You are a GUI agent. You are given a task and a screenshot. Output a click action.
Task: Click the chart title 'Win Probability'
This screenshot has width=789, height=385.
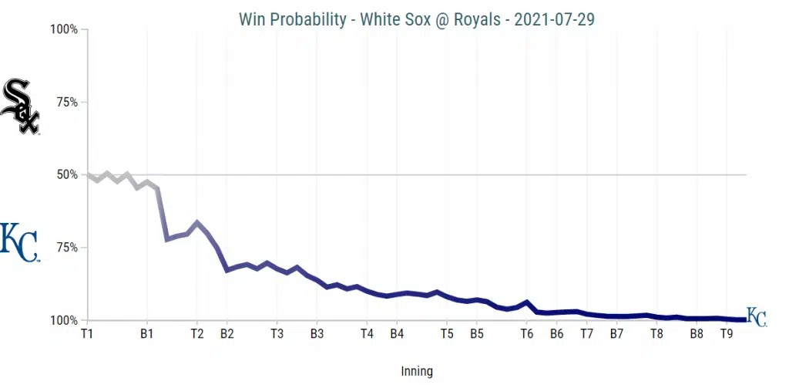click(x=292, y=19)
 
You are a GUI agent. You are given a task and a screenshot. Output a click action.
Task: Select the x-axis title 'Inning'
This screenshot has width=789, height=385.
click(x=417, y=371)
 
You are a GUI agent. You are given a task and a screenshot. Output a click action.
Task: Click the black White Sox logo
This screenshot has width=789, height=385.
click(x=20, y=107)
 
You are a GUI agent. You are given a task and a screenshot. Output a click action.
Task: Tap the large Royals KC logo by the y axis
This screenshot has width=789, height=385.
click(x=19, y=243)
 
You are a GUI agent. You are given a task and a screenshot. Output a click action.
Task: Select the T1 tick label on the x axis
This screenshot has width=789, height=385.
click(x=87, y=334)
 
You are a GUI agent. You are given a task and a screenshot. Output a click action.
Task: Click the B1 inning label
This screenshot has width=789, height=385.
click(x=146, y=334)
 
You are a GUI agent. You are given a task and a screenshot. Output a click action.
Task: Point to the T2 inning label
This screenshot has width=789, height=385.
click(x=196, y=334)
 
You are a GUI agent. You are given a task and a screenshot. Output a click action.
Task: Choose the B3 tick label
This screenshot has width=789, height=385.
click(x=317, y=334)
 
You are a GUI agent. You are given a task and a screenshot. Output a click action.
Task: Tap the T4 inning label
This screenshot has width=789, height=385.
click(x=367, y=334)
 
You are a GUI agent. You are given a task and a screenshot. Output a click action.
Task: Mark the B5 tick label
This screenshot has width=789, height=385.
click(x=477, y=334)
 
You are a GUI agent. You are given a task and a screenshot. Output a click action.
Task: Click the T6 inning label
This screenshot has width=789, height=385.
click(x=527, y=334)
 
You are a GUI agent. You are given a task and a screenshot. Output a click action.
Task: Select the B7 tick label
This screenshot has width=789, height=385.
click(x=616, y=334)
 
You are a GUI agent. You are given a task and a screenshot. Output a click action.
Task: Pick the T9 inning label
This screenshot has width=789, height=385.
click(x=727, y=334)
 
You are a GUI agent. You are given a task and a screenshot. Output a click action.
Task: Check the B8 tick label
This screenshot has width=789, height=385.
click(x=697, y=334)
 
